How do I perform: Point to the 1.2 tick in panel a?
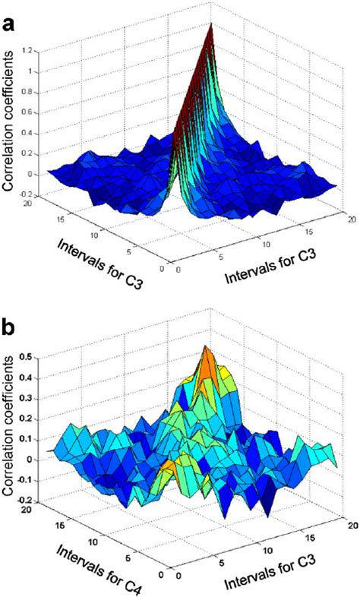click(x=36, y=51)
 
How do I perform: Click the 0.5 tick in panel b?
click(x=36, y=355)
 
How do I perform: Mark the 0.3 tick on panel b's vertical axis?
click(x=36, y=396)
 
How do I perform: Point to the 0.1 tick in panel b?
click(x=36, y=438)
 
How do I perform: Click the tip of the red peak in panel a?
click(x=213, y=23)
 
